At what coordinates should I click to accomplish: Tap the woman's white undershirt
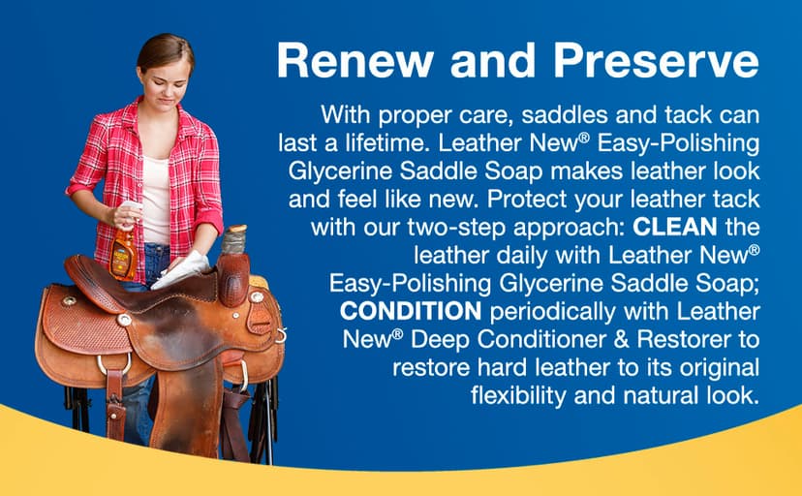[x=155, y=199]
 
